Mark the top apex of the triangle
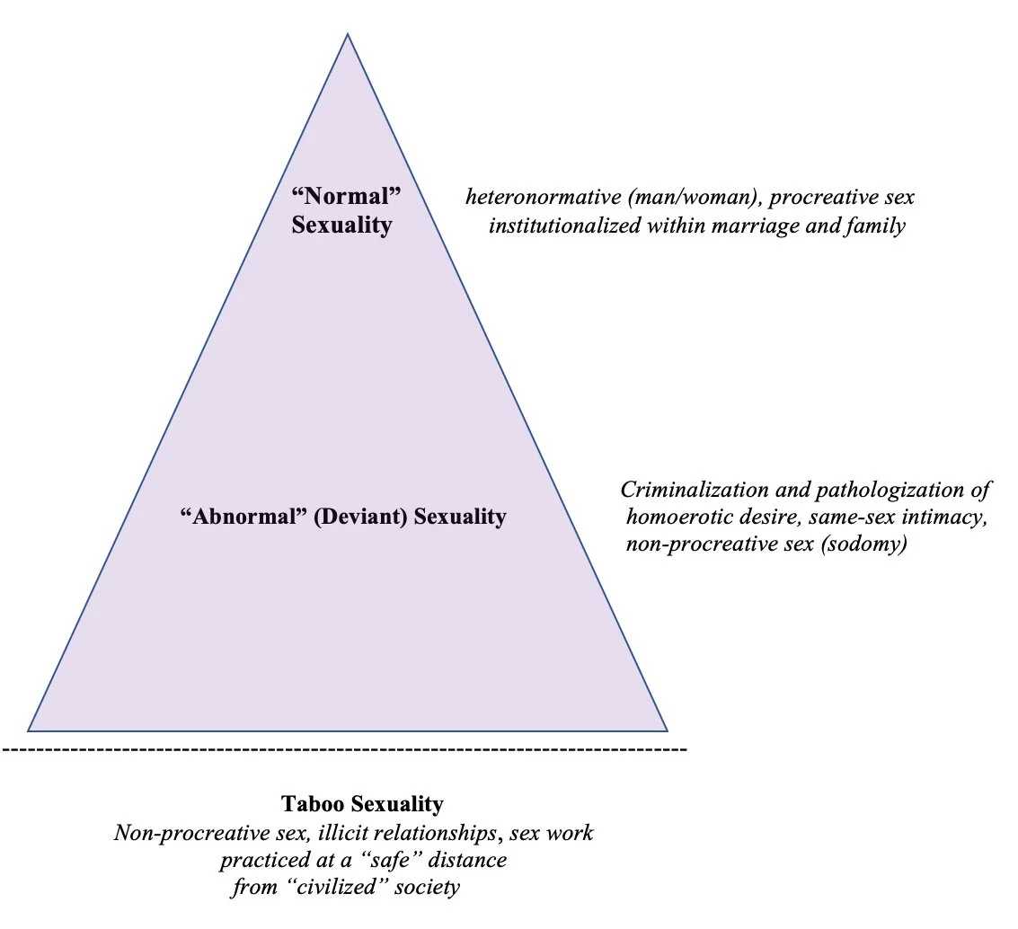(348, 34)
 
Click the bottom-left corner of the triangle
(29, 730)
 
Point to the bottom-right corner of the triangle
(667, 730)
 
